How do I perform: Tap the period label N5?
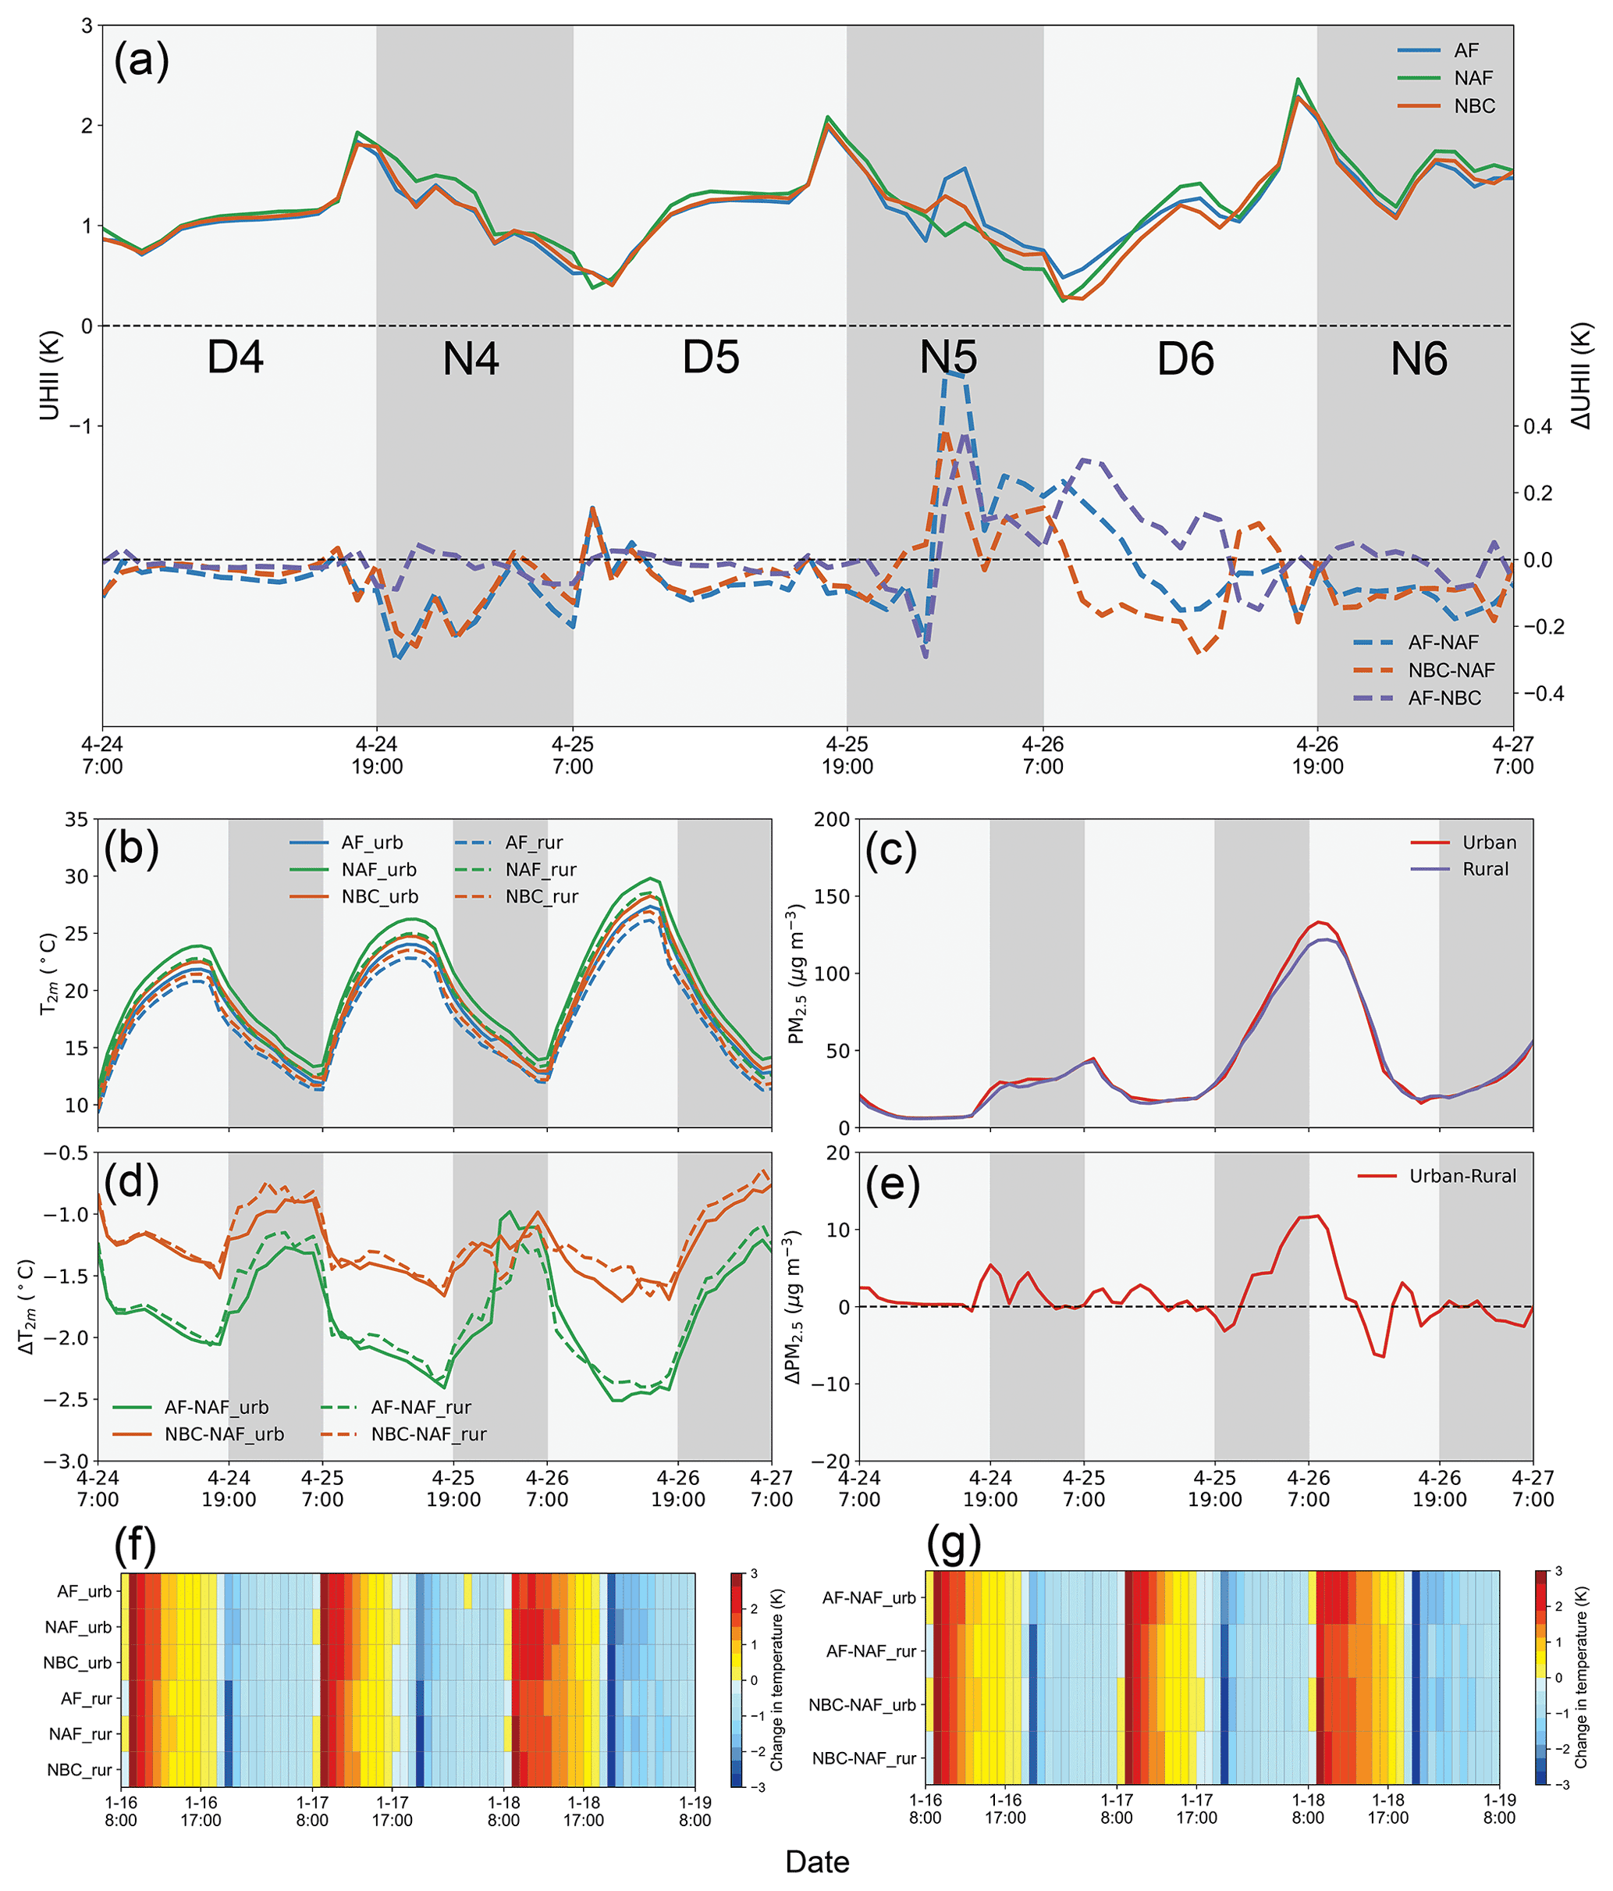tap(948, 358)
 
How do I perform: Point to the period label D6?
tap(1185, 358)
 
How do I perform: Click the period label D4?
tap(236, 357)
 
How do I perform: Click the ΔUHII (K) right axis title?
tap(1581, 376)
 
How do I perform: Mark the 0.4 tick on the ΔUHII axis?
tap(1537, 426)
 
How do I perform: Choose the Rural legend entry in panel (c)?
tap(1485, 869)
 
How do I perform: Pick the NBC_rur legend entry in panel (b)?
tap(541, 896)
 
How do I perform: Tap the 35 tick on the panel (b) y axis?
tap(76, 820)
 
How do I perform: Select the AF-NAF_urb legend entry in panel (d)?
tap(216, 1407)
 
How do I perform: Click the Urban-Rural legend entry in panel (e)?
tap(1462, 1177)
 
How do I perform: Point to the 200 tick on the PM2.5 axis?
tap(832, 820)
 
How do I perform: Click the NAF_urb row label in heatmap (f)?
tap(79, 1626)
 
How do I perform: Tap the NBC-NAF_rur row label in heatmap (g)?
tap(864, 1757)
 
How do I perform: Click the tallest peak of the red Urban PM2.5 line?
tap(1318, 922)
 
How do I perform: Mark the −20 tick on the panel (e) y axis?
tap(830, 1461)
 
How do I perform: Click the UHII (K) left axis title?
tap(49, 376)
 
